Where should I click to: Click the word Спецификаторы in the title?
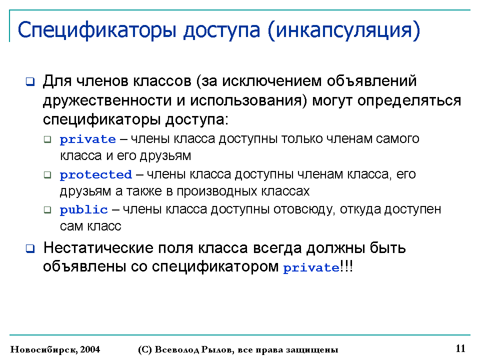tap(97, 30)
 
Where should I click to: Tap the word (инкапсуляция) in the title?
tap(344, 30)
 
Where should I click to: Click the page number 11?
tap(460, 348)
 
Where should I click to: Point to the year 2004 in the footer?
tap(90, 349)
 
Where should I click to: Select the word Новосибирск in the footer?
tap(44, 349)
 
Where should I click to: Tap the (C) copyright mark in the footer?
tap(145, 349)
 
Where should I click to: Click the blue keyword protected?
tap(96, 174)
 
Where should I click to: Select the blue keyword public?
tap(84, 209)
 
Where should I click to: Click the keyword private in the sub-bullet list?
tap(88, 139)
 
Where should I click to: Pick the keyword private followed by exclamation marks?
tap(311, 267)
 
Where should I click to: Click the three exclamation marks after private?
tap(346, 266)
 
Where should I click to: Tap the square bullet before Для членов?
tap(30, 81)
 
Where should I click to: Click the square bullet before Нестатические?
tap(30, 248)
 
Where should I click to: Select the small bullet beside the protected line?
tap(47, 175)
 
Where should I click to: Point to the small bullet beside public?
tap(47, 210)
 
